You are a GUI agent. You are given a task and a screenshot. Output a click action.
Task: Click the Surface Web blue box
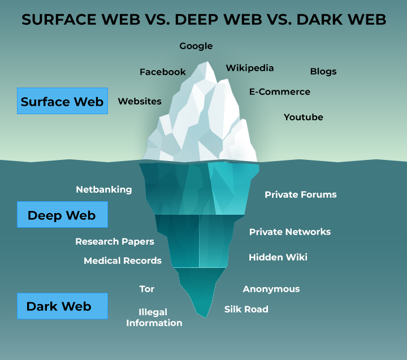(62, 101)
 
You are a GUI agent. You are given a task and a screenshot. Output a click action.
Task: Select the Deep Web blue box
(62, 215)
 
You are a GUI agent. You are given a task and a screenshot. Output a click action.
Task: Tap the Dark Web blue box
(62, 306)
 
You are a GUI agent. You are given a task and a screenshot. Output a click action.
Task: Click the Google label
(196, 46)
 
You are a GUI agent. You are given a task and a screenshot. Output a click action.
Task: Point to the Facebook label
(163, 72)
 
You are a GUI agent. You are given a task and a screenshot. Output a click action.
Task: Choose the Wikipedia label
(250, 68)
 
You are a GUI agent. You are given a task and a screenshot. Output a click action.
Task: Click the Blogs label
(323, 71)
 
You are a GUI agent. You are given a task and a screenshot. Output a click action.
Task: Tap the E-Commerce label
(280, 92)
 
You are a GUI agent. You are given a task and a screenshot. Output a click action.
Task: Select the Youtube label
(304, 117)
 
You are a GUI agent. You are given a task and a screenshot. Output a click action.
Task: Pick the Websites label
(140, 101)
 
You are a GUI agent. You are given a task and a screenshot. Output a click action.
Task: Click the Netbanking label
(104, 189)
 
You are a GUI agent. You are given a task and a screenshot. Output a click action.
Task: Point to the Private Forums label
(301, 194)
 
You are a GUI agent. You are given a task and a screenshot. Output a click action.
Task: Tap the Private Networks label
(290, 232)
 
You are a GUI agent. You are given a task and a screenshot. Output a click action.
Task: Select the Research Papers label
(115, 241)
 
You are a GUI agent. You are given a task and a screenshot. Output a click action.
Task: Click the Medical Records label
(123, 261)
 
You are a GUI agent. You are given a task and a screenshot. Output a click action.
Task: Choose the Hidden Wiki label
(278, 257)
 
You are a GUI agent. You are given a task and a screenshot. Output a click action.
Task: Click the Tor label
(147, 289)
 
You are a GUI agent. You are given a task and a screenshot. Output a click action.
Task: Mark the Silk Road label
(246, 309)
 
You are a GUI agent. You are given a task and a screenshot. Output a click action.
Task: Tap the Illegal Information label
(154, 318)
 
